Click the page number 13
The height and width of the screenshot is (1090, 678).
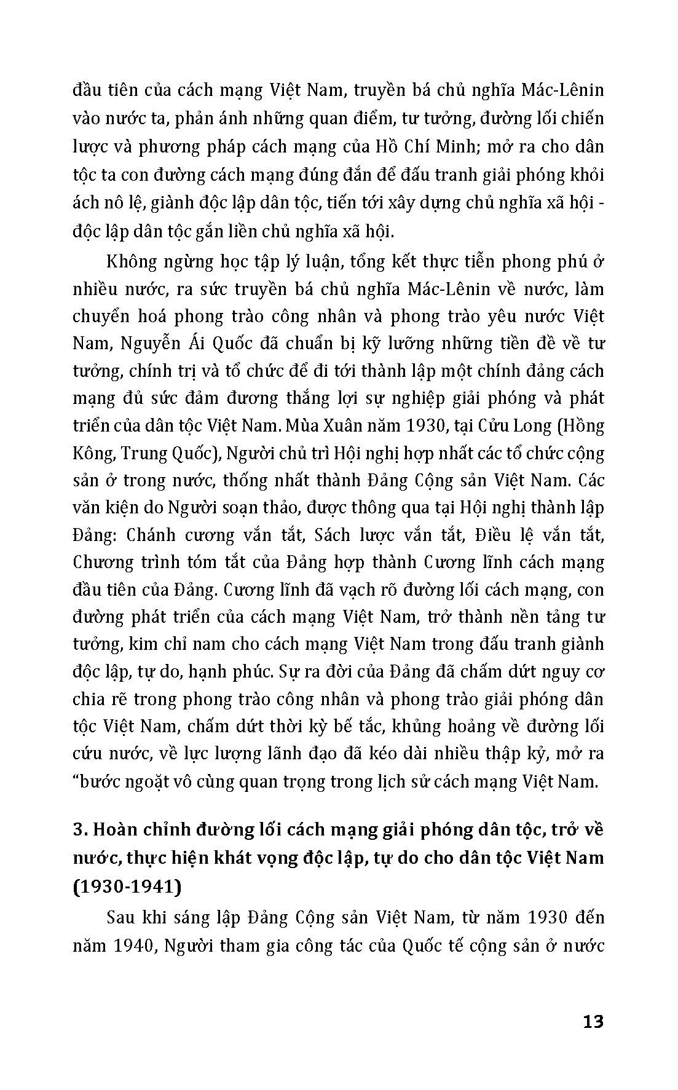coord(592,1021)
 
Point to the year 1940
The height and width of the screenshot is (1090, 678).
coord(131,946)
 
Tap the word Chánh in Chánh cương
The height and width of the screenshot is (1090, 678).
coord(149,535)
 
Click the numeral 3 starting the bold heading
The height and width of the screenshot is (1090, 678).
coord(77,830)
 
